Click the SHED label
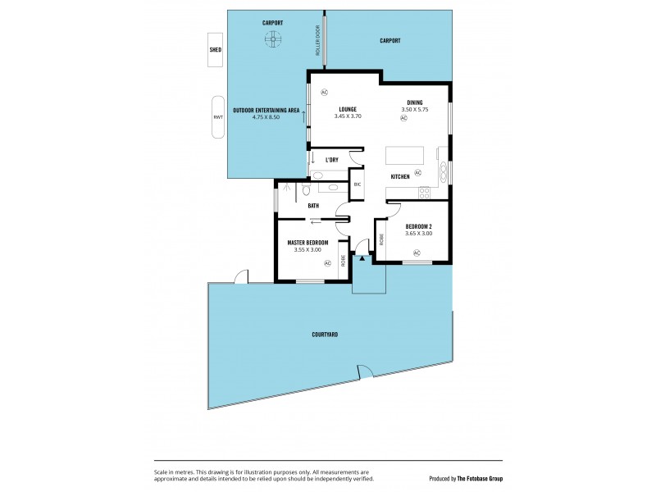tap(216, 49)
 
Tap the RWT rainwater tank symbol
tap(218, 117)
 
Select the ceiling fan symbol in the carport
tap(273, 39)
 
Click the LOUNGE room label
tap(348, 109)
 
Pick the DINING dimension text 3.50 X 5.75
tap(415, 109)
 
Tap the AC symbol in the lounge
tap(324, 92)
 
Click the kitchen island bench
tap(406, 157)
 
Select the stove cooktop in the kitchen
tap(425, 193)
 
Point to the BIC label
tap(357, 184)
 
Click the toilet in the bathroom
tap(305, 190)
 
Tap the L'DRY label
tap(332, 159)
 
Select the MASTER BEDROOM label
tap(307, 243)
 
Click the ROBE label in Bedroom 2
tap(381, 240)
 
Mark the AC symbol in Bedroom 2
tap(417, 253)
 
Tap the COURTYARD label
tap(326, 335)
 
